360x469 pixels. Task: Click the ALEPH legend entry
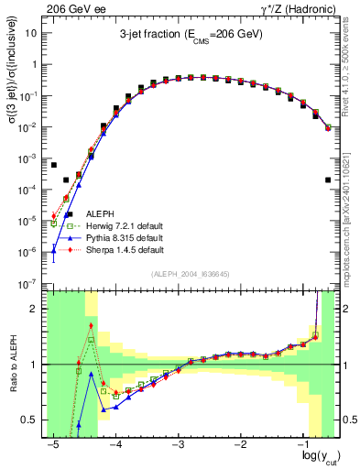pos(95,214)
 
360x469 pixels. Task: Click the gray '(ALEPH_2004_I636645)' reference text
pos(191,274)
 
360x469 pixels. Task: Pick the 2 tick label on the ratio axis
pos(35,309)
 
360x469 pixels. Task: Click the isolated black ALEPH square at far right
pos(328,180)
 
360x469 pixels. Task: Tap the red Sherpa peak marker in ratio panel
pos(91,325)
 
